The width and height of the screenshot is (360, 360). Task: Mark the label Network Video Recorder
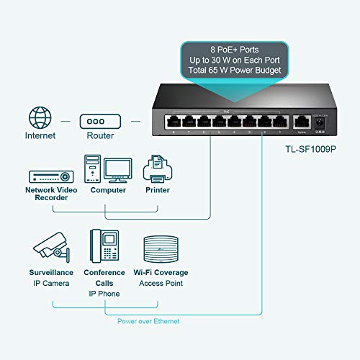click(x=51, y=194)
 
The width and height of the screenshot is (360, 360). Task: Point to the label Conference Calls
click(x=104, y=277)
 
